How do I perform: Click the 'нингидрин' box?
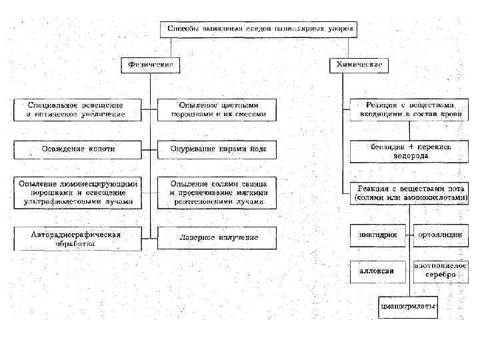[x=379, y=235]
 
